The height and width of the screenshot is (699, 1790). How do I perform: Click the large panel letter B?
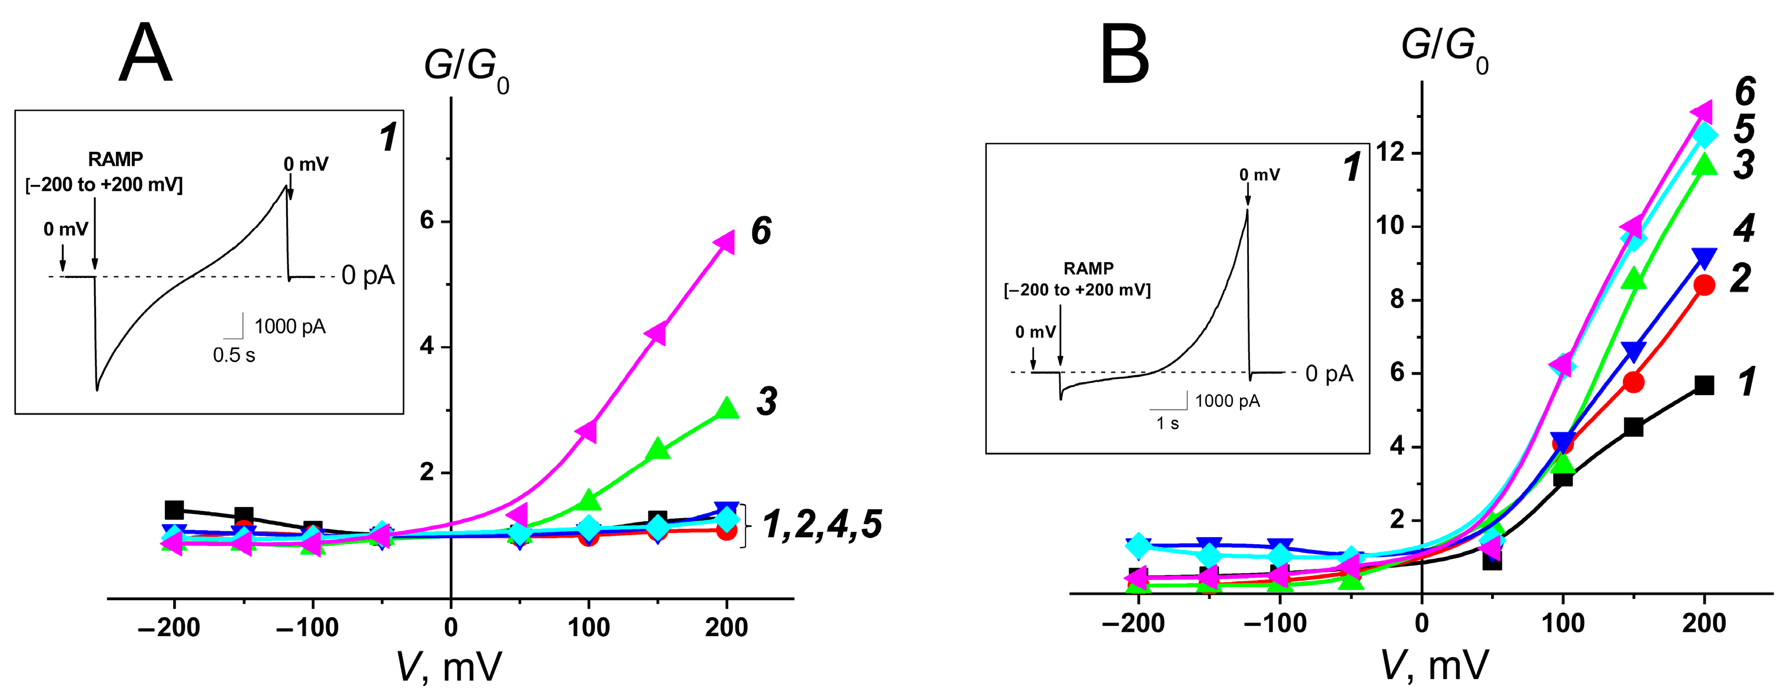[1123, 54]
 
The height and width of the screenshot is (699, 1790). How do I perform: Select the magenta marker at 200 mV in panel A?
[725, 242]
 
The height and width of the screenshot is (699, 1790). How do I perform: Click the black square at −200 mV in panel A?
[174, 510]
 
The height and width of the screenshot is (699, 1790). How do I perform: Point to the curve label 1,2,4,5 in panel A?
[822, 525]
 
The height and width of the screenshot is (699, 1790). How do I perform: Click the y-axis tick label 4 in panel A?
[427, 346]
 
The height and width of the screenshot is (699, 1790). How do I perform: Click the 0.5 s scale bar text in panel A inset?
[234, 356]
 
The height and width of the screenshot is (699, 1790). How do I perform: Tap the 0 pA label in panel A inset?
[367, 276]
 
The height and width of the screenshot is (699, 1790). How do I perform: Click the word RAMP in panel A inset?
[115, 160]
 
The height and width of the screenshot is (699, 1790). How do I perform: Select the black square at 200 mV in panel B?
[1704, 385]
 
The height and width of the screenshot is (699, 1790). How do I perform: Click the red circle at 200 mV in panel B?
[1704, 285]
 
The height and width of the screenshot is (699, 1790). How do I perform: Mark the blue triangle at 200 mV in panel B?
[1704, 258]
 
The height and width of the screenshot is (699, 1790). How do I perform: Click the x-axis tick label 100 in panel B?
[1563, 623]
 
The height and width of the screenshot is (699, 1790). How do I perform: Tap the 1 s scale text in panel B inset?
[1168, 424]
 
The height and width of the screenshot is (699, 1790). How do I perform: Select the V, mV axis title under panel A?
[449, 668]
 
